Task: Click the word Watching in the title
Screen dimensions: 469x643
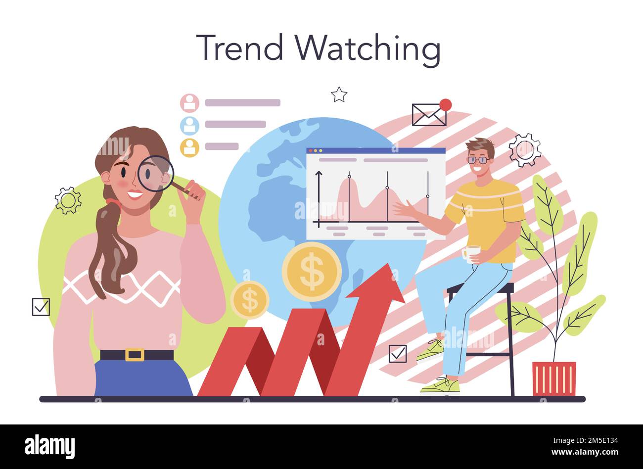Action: point(368,49)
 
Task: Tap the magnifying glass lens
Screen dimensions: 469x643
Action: point(155,173)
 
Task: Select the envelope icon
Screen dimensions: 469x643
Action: point(429,115)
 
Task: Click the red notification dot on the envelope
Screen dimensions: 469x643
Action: point(446,104)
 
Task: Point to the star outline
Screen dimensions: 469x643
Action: point(339,94)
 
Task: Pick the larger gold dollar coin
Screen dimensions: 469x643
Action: point(312,272)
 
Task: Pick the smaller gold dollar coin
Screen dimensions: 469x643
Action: point(250,300)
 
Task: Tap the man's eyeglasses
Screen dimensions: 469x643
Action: point(478,160)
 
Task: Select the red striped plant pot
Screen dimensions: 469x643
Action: point(554,378)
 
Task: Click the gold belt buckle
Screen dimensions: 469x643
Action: point(135,355)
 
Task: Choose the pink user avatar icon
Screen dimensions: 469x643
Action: point(189,103)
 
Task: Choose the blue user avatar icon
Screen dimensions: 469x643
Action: point(189,126)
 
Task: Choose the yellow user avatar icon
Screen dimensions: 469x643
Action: point(189,147)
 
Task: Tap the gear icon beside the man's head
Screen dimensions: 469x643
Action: point(525,150)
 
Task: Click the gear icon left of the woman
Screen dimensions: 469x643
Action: point(68,200)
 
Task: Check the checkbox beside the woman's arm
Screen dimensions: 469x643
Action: point(41,307)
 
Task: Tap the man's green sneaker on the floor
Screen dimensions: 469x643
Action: point(440,386)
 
